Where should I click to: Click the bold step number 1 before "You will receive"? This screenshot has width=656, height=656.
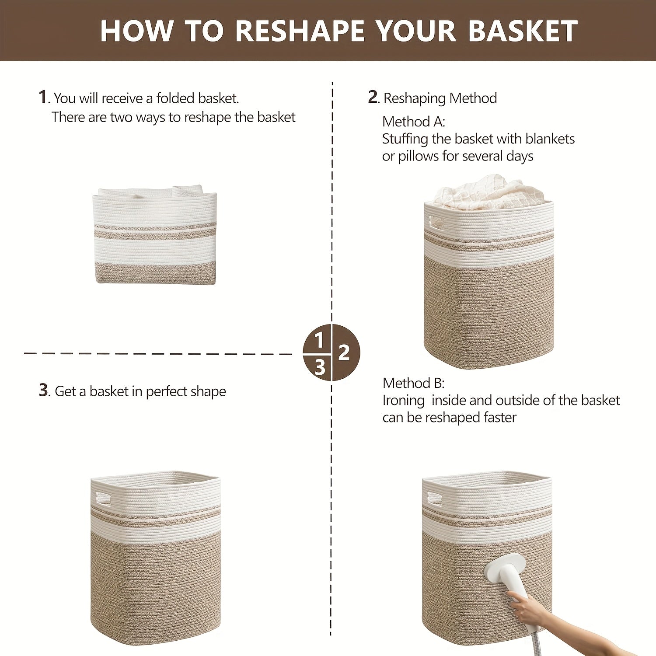coord(42,97)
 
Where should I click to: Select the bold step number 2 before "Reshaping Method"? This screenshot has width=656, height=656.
coord(373,97)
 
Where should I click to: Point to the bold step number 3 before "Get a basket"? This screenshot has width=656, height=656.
coord(43,390)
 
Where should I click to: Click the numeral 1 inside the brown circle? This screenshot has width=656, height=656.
coord(319,340)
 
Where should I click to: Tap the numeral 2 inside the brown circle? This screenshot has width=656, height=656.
coord(344,352)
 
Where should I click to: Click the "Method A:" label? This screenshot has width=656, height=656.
coord(413,122)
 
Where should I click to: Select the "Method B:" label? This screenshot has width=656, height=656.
coord(413,383)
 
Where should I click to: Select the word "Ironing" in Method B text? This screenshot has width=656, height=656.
coord(403,401)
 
